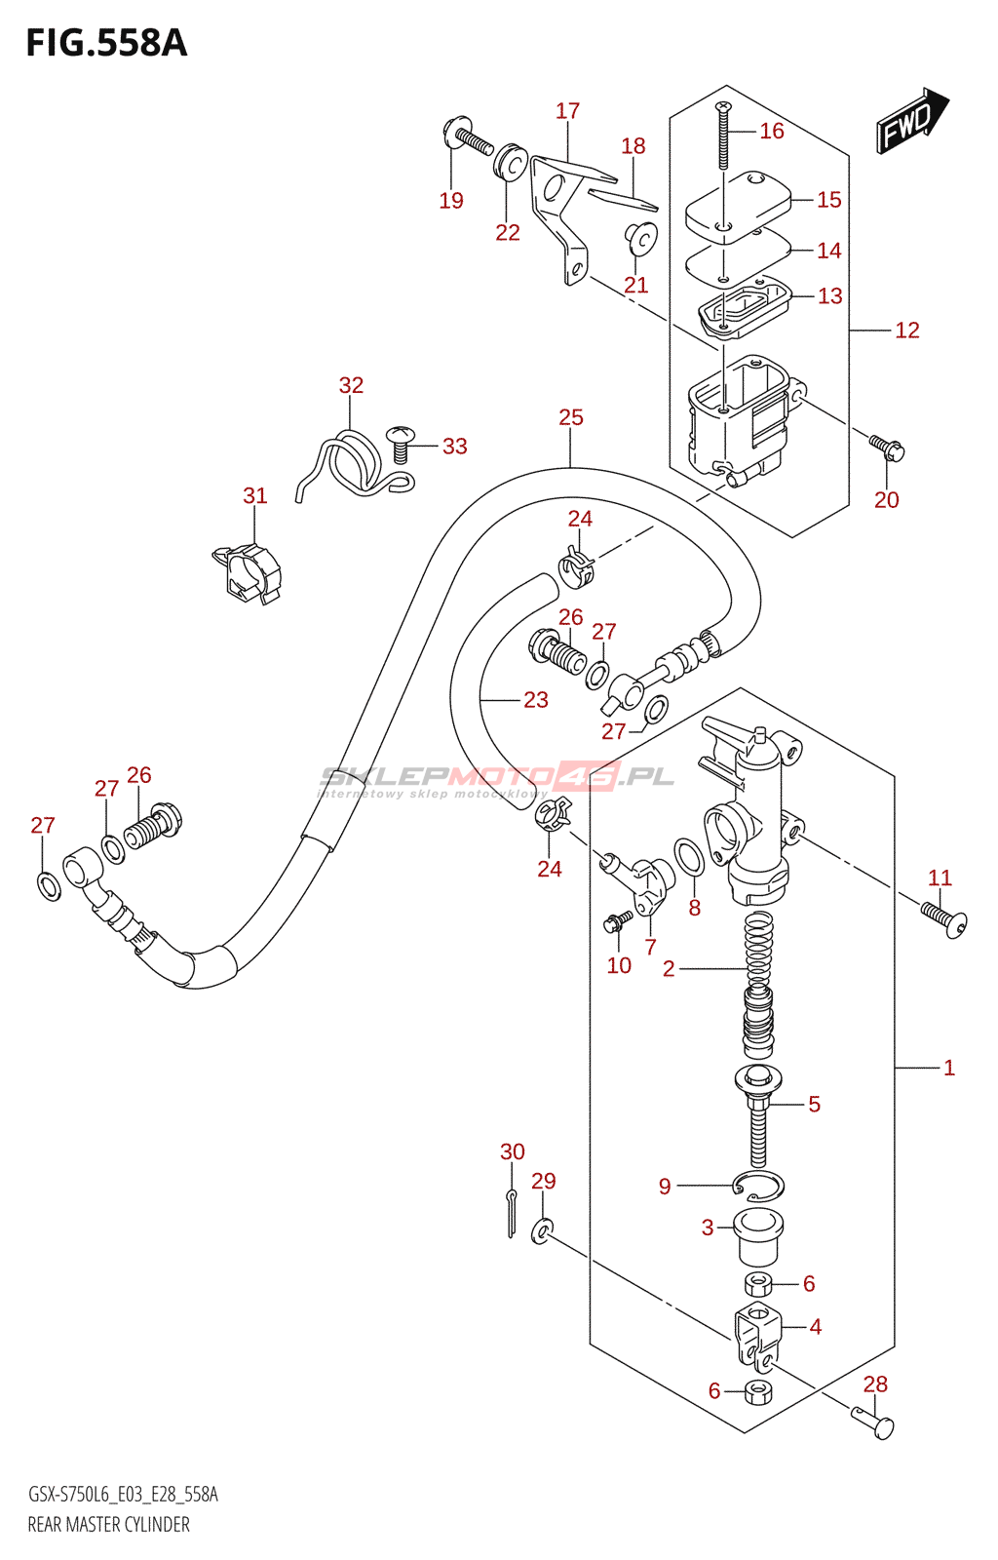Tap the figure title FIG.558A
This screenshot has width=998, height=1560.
point(106,44)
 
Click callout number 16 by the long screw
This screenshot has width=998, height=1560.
point(771,131)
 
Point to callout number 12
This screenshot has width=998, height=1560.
point(906,331)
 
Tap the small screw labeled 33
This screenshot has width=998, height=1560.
point(400,444)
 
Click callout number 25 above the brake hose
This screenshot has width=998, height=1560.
point(570,417)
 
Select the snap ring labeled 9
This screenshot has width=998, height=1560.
point(758,1186)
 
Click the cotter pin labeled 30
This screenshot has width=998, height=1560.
point(512,1213)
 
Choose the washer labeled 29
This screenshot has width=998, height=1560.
point(542,1230)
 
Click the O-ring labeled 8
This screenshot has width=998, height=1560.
point(689,857)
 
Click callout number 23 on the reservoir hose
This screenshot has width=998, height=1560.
point(535,700)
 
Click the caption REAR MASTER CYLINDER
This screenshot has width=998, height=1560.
point(108,1525)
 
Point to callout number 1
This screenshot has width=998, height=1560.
point(948,1069)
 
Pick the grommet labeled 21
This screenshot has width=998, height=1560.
point(640,237)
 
